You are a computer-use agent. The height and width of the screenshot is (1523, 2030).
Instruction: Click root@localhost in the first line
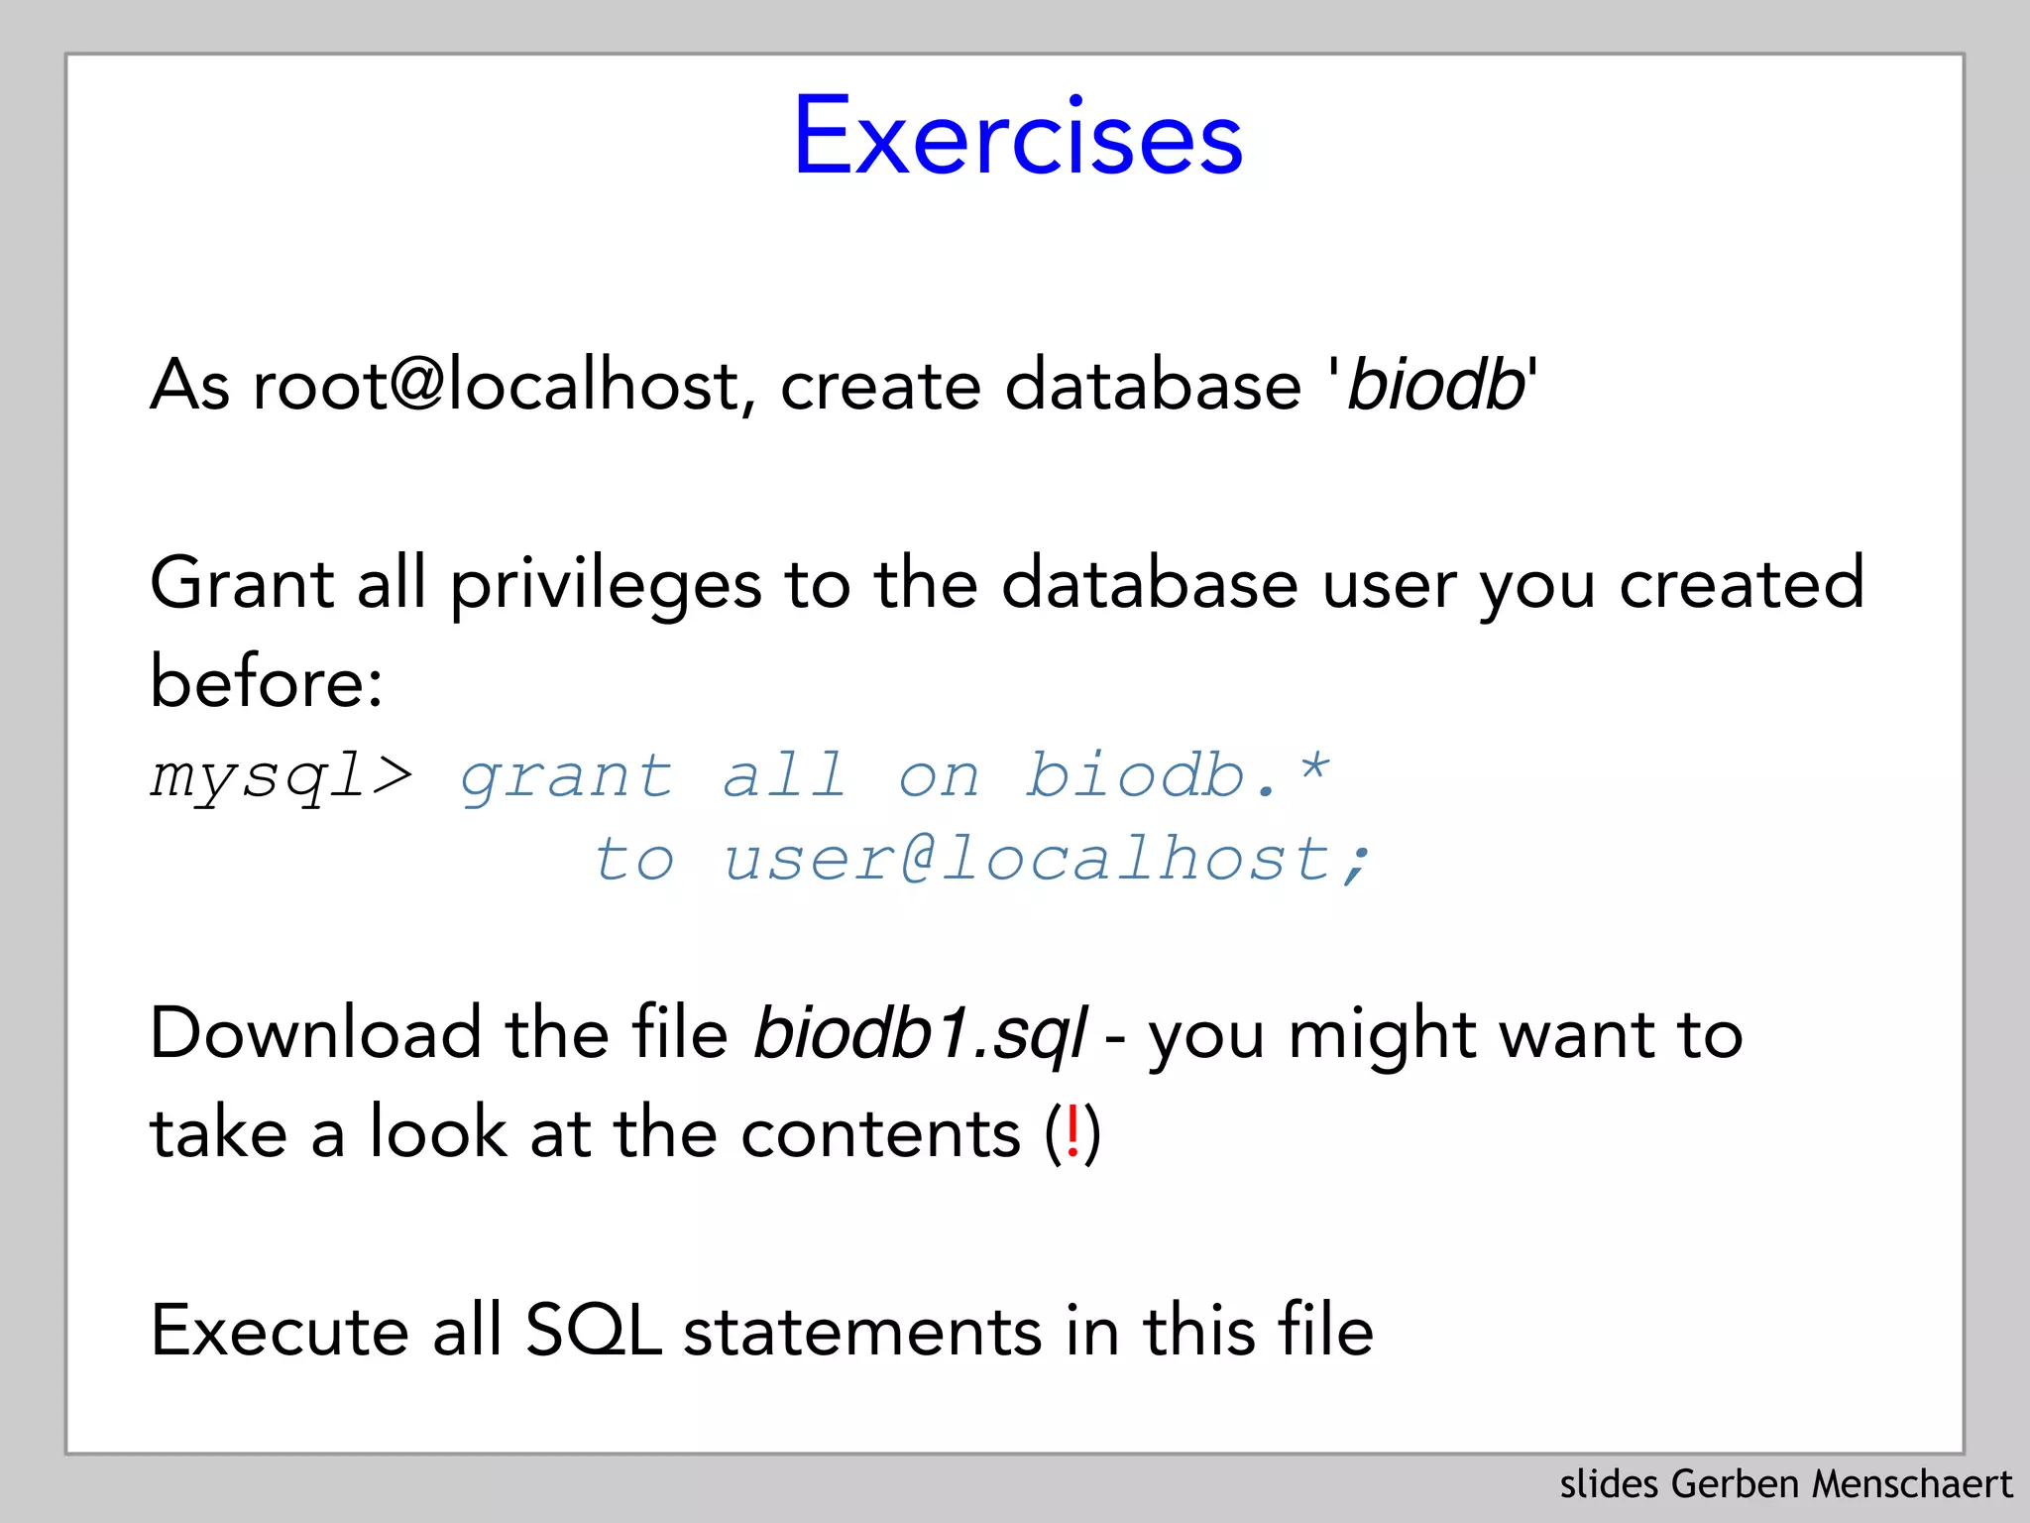[496, 385]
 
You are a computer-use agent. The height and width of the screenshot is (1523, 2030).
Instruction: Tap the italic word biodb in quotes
[1435, 385]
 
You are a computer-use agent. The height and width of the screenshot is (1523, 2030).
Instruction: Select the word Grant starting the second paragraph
[241, 583]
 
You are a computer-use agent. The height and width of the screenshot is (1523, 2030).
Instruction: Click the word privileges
[606, 585]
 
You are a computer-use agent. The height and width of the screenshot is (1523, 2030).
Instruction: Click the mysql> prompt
[282, 775]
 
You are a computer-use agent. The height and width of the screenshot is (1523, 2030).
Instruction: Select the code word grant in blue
[567, 777]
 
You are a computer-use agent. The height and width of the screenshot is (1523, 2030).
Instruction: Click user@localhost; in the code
[1047, 859]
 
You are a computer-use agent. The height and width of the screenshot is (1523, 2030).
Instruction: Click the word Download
[315, 1033]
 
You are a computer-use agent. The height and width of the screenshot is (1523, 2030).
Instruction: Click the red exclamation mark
[1072, 1132]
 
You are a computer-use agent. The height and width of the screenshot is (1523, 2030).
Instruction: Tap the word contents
[880, 1133]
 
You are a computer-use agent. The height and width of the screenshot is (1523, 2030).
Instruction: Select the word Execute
[279, 1331]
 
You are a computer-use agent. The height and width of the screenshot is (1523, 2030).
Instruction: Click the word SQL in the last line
[593, 1331]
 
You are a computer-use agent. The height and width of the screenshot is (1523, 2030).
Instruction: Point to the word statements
[862, 1332]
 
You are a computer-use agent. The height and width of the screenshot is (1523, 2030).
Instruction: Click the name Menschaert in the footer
[1912, 1484]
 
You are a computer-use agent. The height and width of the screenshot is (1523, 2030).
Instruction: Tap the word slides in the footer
[1609, 1484]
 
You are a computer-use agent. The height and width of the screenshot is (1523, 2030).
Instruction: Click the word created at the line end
[1742, 583]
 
